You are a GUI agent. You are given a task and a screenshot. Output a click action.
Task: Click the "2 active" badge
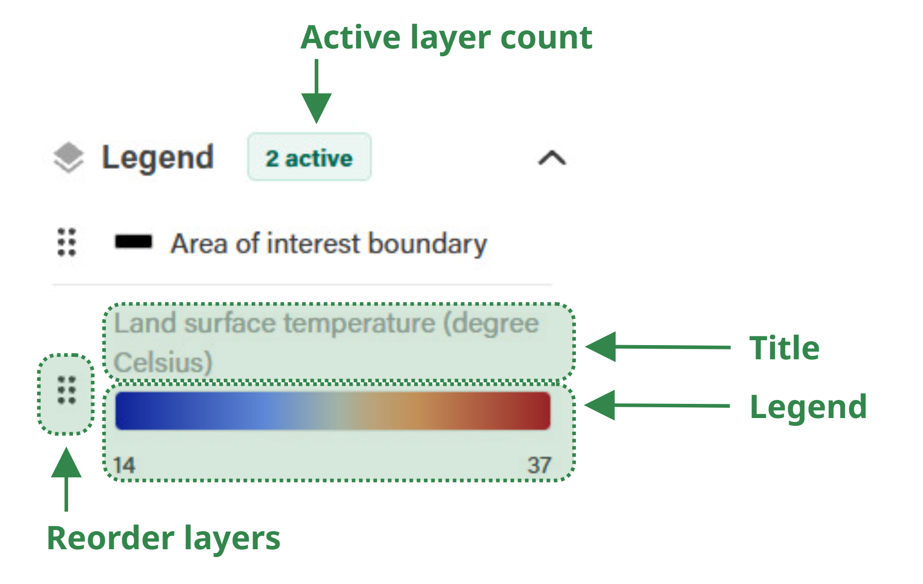pyautogui.click(x=309, y=157)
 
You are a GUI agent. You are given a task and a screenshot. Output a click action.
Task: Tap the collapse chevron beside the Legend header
pyautogui.click(x=552, y=158)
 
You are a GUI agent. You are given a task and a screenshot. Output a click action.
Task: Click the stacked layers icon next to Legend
pyautogui.click(x=69, y=158)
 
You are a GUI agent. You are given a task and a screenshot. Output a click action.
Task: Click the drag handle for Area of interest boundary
pyautogui.click(x=67, y=242)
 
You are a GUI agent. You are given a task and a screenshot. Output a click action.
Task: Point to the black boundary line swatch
pyautogui.click(x=133, y=242)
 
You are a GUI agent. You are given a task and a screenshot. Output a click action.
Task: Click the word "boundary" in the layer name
pyautogui.click(x=427, y=244)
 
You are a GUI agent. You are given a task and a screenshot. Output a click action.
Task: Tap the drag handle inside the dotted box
pyautogui.click(x=67, y=390)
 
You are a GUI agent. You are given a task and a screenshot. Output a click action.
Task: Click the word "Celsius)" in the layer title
pyautogui.click(x=163, y=363)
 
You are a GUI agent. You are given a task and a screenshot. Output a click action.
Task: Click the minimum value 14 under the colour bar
pyautogui.click(x=124, y=465)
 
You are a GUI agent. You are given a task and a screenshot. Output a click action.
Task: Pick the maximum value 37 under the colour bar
pyautogui.click(x=540, y=465)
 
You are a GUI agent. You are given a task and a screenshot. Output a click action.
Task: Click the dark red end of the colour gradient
pyautogui.click(x=541, y=411)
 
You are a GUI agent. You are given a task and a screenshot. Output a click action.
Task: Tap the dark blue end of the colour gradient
pyautogui.click(x=125, y=411)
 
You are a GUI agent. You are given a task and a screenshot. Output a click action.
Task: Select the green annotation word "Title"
pyautogui.click(x=784, y=348)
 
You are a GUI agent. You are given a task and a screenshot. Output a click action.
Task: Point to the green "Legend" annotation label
pyautogui.click(x=808, y=407)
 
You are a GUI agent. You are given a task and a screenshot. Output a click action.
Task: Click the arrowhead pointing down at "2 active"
pyautogui.click(x=316, y=108)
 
